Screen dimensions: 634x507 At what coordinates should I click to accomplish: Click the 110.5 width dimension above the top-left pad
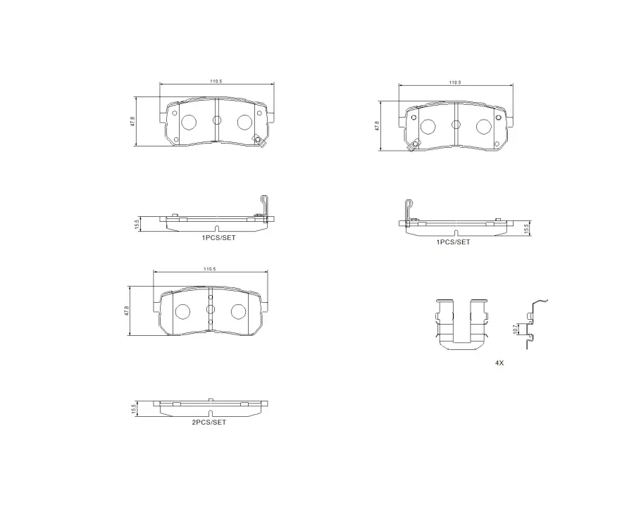click(216, 81)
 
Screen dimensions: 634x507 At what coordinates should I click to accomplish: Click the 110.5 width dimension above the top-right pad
click(455, 82)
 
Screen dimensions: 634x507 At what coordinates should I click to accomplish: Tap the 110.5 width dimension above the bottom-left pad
click(209, 269)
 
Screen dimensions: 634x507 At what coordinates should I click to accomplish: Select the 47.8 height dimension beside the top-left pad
click(132, 121)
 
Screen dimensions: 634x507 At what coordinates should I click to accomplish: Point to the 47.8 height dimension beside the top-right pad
click(378, 126)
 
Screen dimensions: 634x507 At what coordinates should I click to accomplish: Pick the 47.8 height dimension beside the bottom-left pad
click(127, 311)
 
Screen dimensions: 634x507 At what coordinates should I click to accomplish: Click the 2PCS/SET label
click(209, 422)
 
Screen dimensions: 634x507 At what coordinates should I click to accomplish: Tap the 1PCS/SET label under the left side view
click(218, 238)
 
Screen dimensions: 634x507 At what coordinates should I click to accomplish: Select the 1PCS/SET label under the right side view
click(453, 242)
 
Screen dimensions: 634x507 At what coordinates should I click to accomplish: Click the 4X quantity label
click(499, 363)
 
